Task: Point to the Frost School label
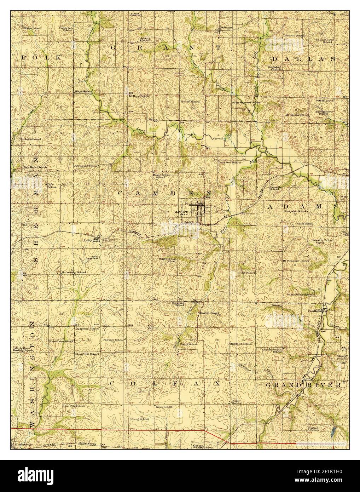point(164,407)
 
